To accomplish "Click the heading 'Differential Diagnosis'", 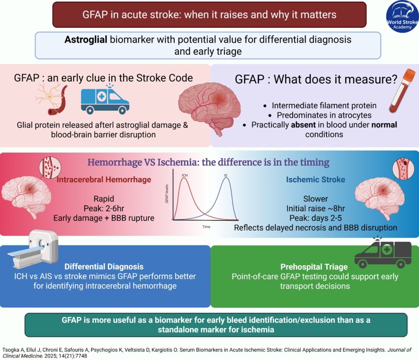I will [x=105, y=267].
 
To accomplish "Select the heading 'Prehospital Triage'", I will [x=315, y=267].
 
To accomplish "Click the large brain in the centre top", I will [x=205, y=102].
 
